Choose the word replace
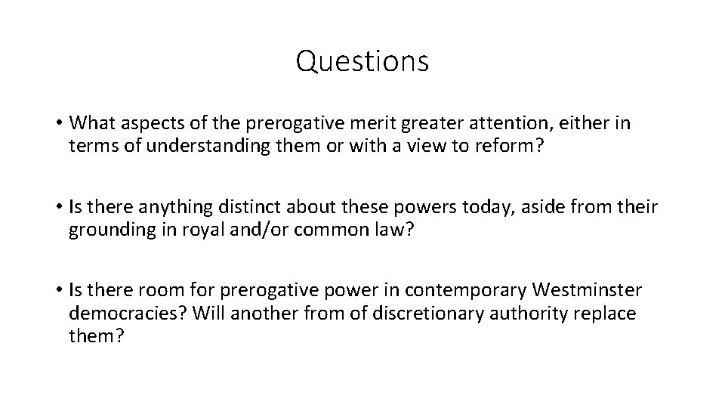tap(606, 313)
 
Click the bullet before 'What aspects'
tap(57, 123)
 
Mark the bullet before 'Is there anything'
tap(57, 207)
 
